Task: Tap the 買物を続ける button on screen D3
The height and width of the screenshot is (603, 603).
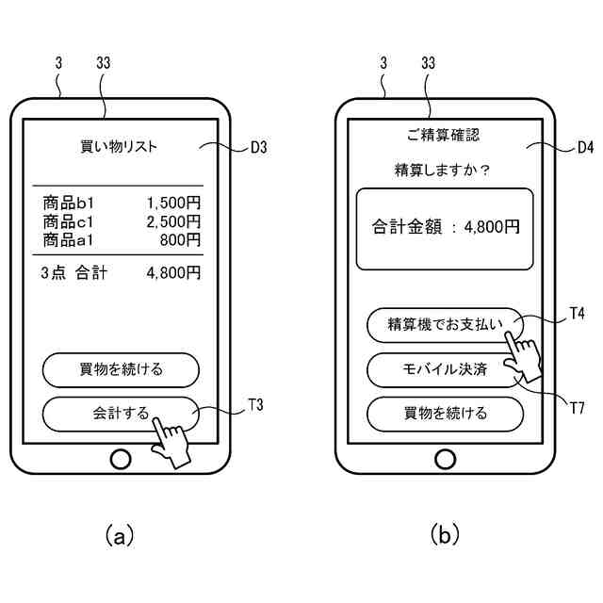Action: (121, 369)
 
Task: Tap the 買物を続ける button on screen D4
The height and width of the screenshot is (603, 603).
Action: (445, 414)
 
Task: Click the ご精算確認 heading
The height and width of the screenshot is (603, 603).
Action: (444, 135)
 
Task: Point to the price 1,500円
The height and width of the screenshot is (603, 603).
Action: (173, 203)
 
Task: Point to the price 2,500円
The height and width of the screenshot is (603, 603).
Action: (173, 221)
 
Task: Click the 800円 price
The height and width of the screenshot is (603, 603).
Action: (181, 240)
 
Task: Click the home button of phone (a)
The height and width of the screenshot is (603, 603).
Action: (121, 460)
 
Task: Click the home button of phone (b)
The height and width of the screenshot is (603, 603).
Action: (445, 460)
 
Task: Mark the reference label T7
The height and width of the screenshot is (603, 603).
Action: (579, 407)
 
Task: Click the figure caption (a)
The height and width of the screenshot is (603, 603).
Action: (120, 536)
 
